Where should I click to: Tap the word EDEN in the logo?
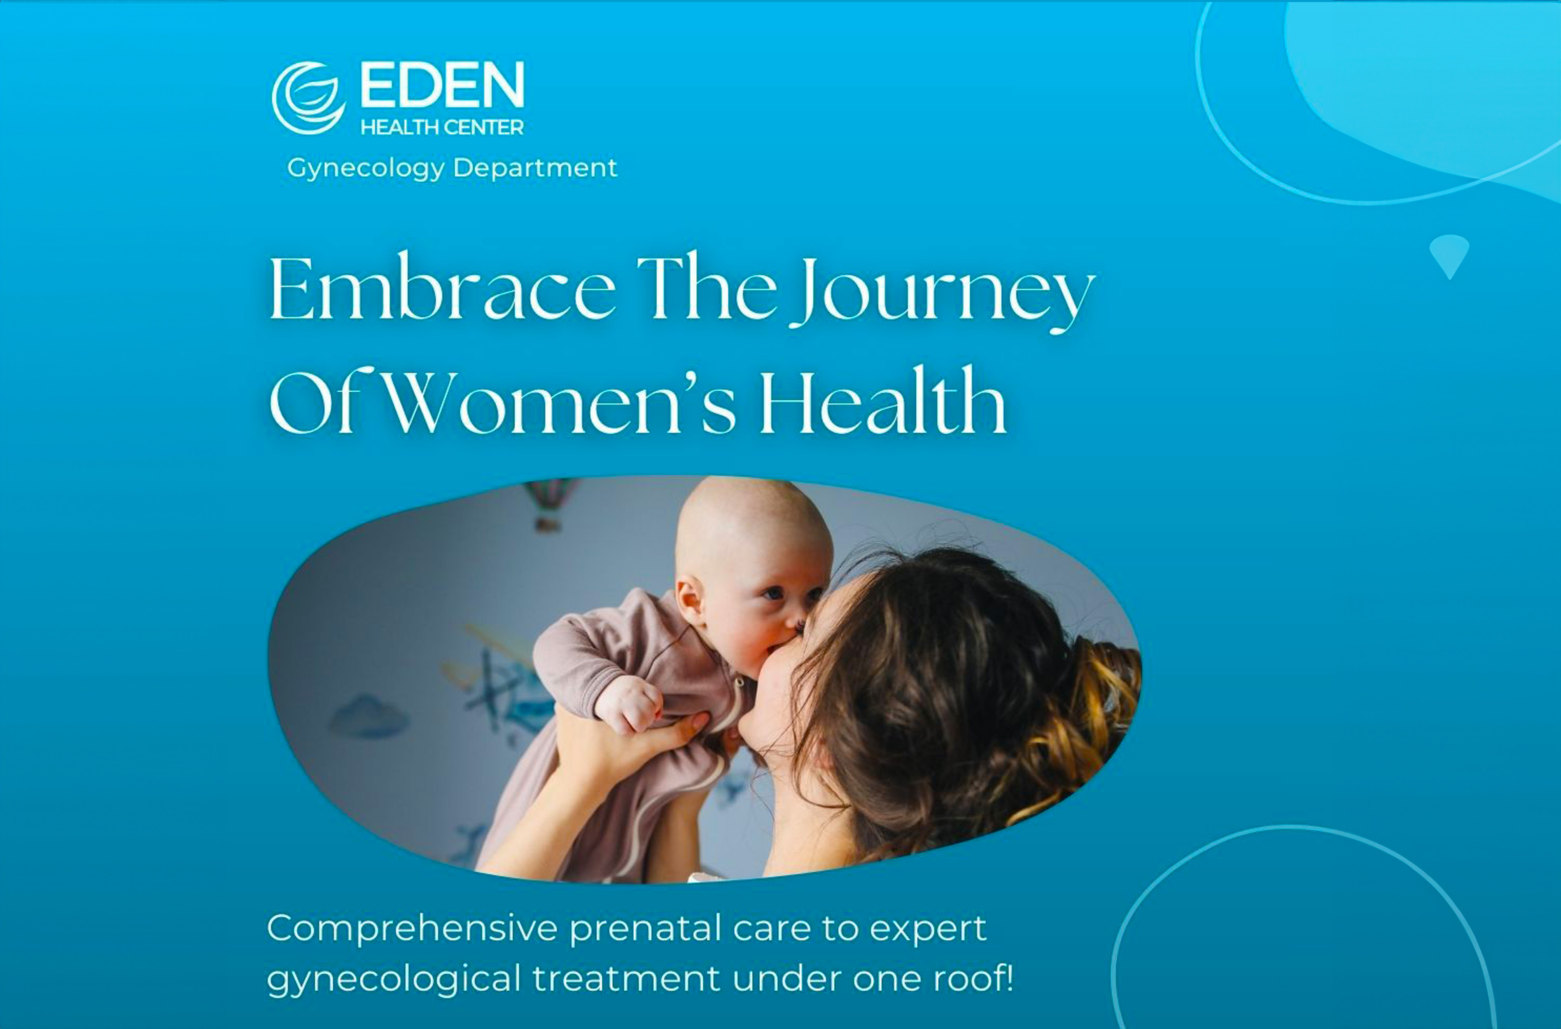pos(442,85)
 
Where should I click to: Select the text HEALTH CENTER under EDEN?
pos(442,127)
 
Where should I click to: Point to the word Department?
pos(535,168)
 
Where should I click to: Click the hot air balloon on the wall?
pos(549,503)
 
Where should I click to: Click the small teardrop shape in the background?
pos(1449,255)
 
